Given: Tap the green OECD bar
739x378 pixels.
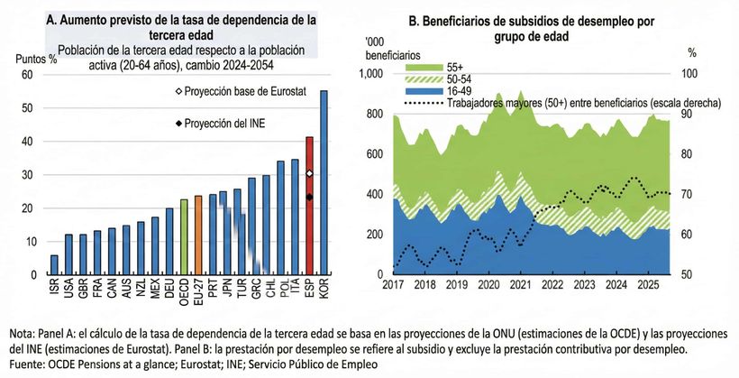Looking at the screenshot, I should (184, 237).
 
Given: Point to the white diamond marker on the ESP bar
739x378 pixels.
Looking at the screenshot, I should (309, 173).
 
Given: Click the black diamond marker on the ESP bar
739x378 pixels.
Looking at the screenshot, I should (309, 197).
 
